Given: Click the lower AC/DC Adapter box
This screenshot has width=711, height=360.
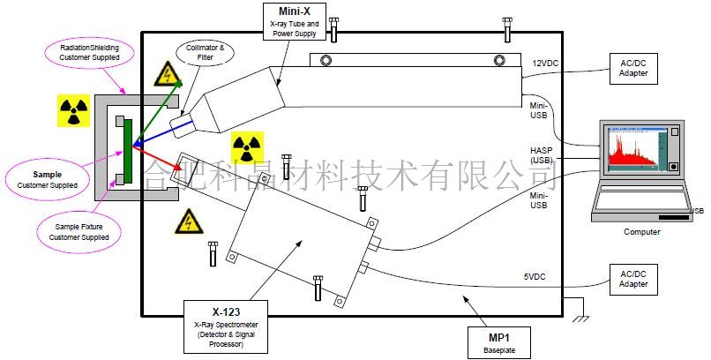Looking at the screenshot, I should [x=633, y=280].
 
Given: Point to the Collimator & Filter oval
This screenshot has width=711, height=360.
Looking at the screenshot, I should [x=203, y=54].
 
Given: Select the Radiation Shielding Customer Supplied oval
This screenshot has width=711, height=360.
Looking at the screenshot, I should [x=89, y=51].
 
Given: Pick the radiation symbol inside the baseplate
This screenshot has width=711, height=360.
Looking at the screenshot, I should [x=247, y=147].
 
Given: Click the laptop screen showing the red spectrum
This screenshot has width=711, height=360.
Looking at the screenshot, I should [x=634, y=150].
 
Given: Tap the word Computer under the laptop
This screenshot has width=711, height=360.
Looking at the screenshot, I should [x=641, y=231].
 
